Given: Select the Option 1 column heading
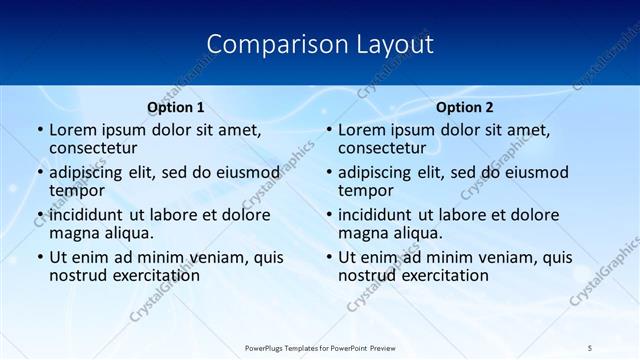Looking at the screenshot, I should (176, 107).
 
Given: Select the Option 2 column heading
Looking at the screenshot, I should (465, 107).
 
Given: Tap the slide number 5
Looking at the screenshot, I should (590, 347).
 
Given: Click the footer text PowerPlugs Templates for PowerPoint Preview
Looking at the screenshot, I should (319, 347).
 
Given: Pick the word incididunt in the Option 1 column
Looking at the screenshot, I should (88, 215).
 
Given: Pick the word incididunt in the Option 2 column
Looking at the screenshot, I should (377, 215).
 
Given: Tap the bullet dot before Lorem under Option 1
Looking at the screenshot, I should (39, 130).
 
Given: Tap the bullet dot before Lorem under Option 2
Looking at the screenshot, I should (328, 130).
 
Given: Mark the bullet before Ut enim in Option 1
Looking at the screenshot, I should (39, 257).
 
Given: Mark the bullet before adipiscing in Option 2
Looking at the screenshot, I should (328, 172).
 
